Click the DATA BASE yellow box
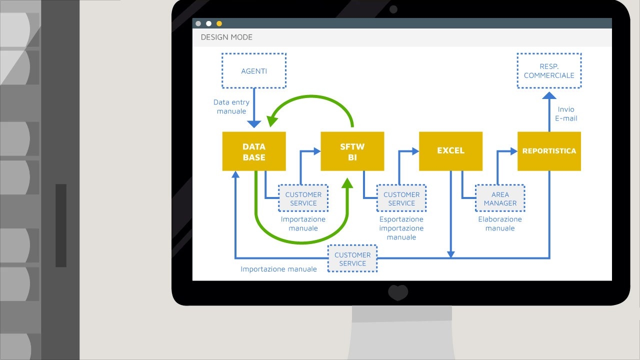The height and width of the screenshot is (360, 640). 254,151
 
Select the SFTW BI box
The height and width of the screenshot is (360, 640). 352,151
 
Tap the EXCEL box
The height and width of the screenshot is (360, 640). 451,151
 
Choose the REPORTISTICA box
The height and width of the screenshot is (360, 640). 549,151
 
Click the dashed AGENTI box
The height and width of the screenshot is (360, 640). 254,70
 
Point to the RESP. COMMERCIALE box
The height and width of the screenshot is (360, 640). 549,70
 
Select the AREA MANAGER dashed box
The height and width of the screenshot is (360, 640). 500,198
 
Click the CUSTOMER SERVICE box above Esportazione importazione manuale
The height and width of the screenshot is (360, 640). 401,198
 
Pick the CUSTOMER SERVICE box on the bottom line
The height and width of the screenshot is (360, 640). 352,258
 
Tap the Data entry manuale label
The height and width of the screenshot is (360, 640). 231,106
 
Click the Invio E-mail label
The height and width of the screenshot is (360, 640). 566,113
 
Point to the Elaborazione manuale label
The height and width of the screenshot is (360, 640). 500,223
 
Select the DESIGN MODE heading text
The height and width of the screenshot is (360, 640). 226,37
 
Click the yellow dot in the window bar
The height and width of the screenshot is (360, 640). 219,23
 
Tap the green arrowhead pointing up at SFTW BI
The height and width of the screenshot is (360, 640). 347,183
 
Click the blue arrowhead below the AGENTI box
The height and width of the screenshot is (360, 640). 254,124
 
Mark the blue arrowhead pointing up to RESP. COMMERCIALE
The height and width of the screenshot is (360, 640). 549,95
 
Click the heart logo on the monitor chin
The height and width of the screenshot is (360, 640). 398,292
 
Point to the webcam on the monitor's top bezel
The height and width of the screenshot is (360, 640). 393,9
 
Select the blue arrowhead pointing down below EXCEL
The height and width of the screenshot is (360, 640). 451,254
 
